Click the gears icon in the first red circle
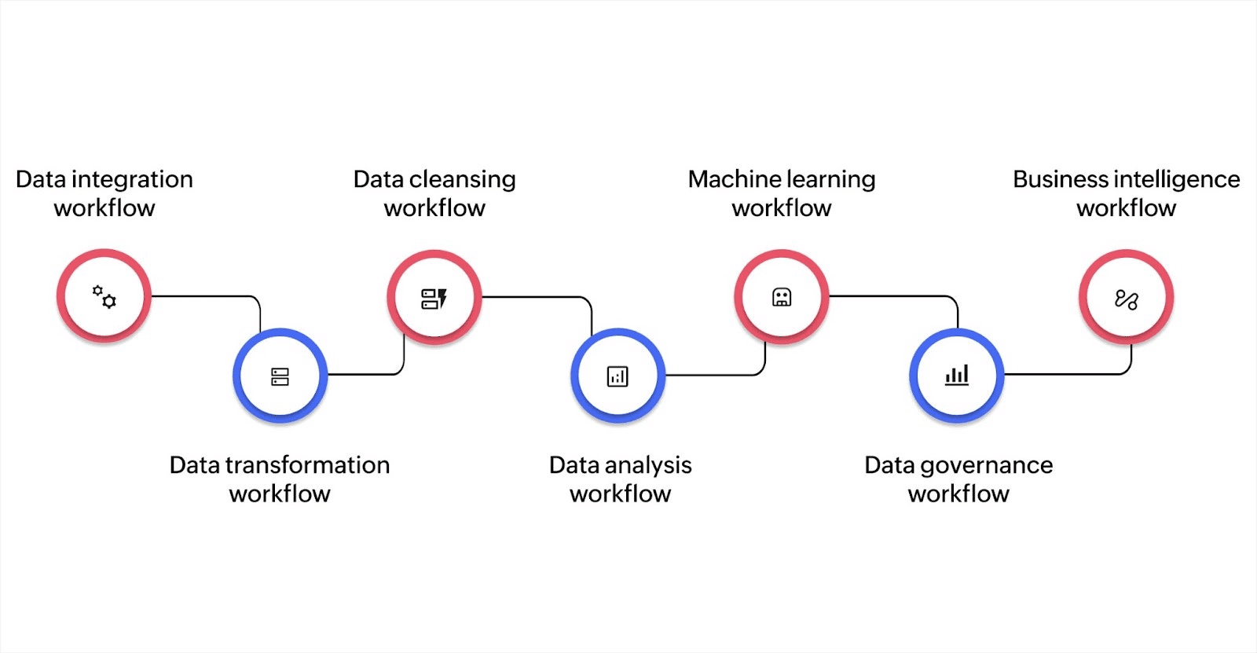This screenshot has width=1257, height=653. [104, 297]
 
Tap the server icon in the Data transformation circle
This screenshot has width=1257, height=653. [280, 376]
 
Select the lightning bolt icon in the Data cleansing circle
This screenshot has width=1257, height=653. [442, 298]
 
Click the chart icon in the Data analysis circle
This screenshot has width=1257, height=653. [618, 376]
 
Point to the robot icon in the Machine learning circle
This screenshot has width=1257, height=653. [781, 297]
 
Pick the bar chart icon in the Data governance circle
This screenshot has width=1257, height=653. [956, 375]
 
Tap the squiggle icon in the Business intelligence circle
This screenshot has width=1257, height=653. [1126, 299]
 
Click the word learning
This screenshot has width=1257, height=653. [830, 180]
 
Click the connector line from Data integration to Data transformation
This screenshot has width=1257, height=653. [204, 296]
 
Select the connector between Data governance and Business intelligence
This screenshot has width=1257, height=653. [1068, 374]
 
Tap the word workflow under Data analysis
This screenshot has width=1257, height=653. [620, 493]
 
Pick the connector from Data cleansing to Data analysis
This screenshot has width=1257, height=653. [534, 297]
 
